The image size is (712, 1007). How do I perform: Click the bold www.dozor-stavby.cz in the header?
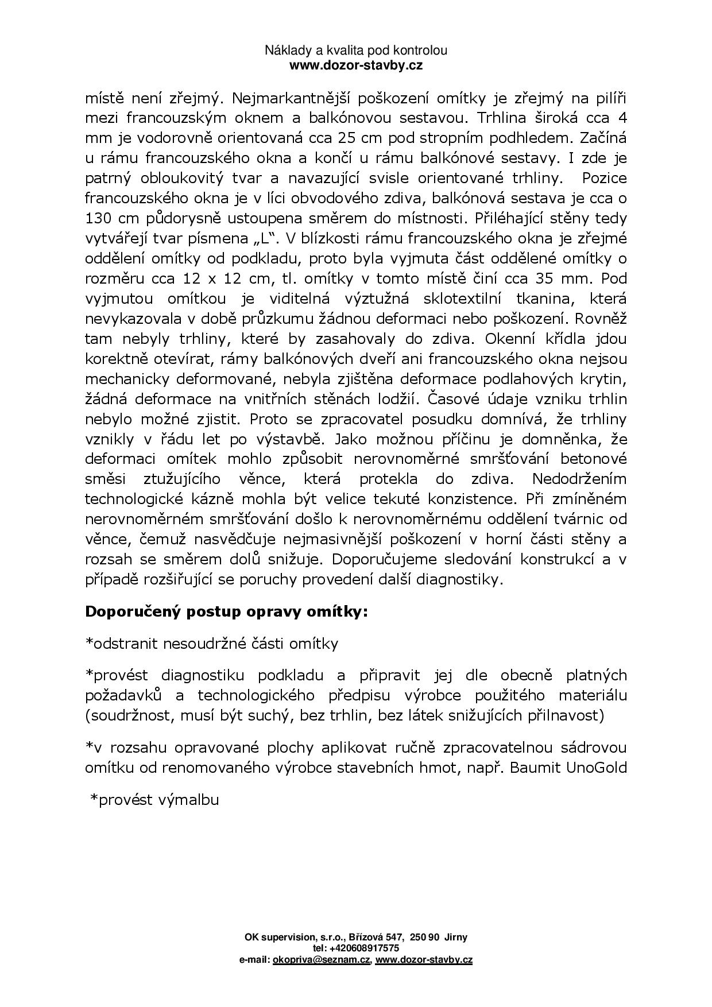[x=356, y=65]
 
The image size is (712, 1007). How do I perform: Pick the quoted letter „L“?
[x=265, y=238]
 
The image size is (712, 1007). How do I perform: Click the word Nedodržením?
[x=579, y=479]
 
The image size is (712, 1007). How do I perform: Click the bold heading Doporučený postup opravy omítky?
[x=226, y=611]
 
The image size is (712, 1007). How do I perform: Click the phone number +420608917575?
[x=363, y=948]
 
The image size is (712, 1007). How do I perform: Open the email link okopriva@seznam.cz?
[x=322, y=959]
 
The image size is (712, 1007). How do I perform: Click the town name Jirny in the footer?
[x=456, y=937]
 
